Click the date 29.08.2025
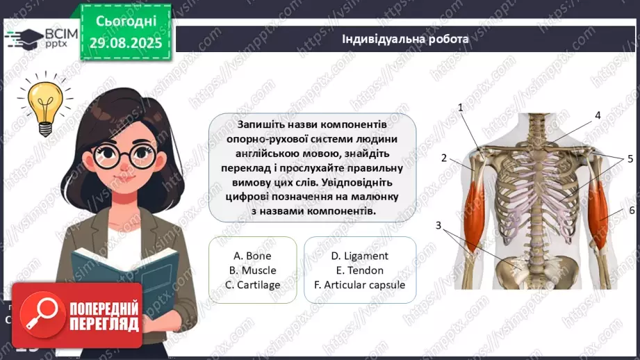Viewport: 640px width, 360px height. pyautogui.click(x=126, y=43)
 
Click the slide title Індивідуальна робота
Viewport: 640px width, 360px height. pyautogui.click(x=405, y=38)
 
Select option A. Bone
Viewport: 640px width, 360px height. pyautogui.click(x=252, y=256)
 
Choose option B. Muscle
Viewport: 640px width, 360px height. pyautogui.click(x=252, y=270)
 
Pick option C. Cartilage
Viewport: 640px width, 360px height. pyautogui.click(x=252, y=285)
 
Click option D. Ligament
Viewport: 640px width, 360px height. pyautogui.click(x=359, y=256)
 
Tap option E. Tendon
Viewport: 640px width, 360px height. pyautogui.click(x=359, y=270)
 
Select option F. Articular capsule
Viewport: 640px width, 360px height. pyautogui.click(x=359, y=285)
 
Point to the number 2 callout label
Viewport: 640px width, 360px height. pyautogui.click(x=443, y=158)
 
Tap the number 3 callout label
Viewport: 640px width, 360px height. pyautogui.click(x=438, y=224)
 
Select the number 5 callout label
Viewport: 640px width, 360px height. pyautogui.click(x=630, y=158)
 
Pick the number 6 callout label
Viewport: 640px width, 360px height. pyautogui.click(x=632, y=210)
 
